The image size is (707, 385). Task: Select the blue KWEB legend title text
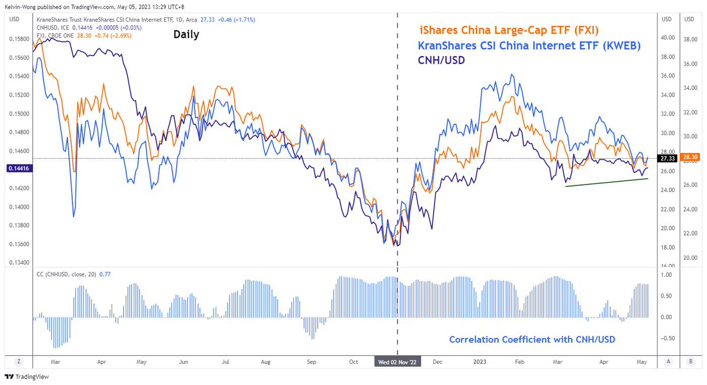(x=529, y=45)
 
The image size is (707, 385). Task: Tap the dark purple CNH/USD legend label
(x=441, y=60)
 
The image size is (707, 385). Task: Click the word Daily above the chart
(x=186, y=34)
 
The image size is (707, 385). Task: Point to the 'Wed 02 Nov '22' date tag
(x=397, y=362)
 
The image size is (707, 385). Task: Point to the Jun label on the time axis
(x=184, y=362)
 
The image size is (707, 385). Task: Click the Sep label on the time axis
(x=312, y=362)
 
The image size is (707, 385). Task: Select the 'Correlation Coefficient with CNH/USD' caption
(x=532, y=340)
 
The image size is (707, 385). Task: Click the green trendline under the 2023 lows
(x=606, y=182)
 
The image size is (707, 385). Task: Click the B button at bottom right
(x=690, y=361)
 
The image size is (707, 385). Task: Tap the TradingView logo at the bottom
(x=26, y=377)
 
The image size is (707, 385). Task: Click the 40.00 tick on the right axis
(x=667, y=37)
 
